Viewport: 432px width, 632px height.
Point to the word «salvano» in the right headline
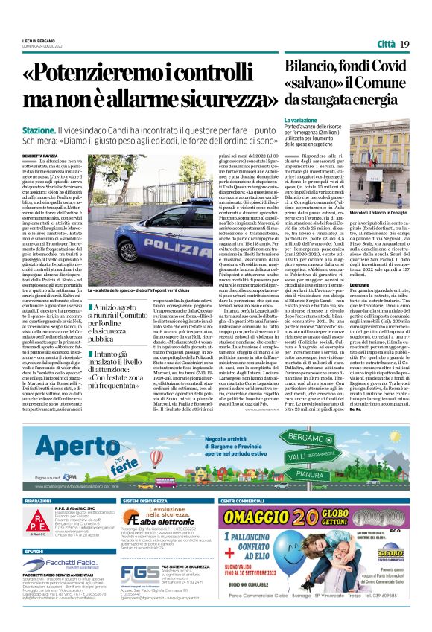point(311,84)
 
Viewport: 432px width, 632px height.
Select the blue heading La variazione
point(300,120)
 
